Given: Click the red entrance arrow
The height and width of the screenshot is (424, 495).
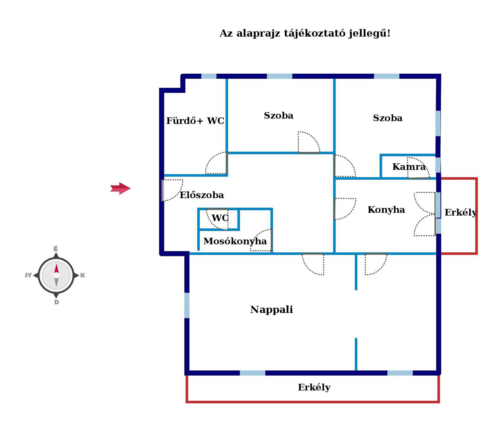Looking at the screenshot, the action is coord(120,189).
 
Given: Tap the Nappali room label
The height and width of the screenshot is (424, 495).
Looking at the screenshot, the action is coord(271,310).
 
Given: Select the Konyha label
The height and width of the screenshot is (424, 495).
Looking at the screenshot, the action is coord(386,210).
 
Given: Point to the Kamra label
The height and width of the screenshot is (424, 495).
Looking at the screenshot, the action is coord(409,167).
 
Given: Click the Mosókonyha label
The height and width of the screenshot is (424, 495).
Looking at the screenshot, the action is coord(235,241).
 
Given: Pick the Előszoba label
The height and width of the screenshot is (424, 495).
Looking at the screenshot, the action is coord(202,195).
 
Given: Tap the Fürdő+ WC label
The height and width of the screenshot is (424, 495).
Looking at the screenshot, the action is coord(195,121).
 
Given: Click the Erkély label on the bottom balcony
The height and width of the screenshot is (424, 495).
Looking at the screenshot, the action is coord(314,387).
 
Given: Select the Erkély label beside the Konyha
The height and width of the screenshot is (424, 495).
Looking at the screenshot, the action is coord(461,212).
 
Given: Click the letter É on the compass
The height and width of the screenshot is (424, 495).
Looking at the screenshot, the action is coord(56,249).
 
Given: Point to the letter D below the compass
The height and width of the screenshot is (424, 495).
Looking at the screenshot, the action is coord(57,302).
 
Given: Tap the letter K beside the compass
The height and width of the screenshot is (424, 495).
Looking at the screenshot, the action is coord(82,275).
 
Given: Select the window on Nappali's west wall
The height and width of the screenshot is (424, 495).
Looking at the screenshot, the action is coord(187,305).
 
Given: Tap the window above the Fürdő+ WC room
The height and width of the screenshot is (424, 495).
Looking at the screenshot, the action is coord(209,76).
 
